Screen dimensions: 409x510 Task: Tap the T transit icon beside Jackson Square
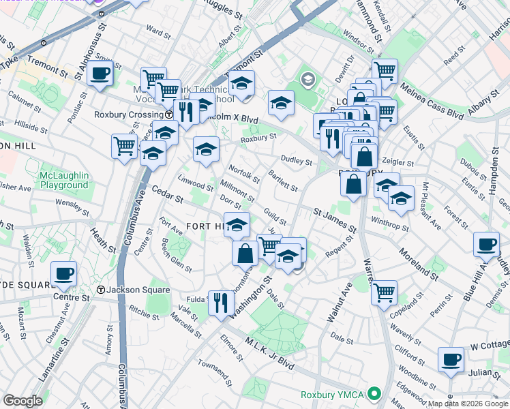coord(101,290)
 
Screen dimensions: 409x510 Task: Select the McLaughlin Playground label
coord(64,180)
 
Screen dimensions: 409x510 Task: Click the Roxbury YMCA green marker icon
coord(374,394)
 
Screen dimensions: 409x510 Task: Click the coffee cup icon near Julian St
coord(450,359)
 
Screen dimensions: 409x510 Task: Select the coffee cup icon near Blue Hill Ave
coord(487,245)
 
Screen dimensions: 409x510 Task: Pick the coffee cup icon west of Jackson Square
coord(64,274)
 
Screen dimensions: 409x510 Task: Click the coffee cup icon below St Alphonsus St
coord(100,73)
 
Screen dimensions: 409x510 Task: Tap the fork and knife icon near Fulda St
coord(220,301)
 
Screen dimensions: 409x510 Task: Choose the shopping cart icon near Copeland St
coord(384,292)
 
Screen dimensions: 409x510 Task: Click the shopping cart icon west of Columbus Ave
coord(124,145)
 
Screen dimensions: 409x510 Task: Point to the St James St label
coord(335,220)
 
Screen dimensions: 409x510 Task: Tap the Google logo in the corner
coord(23,401)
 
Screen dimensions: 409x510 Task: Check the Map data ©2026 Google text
coord(467,404)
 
